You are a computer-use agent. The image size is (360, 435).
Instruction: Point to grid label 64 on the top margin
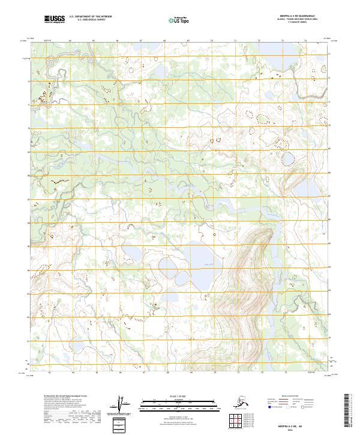click(x=71, y=41)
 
